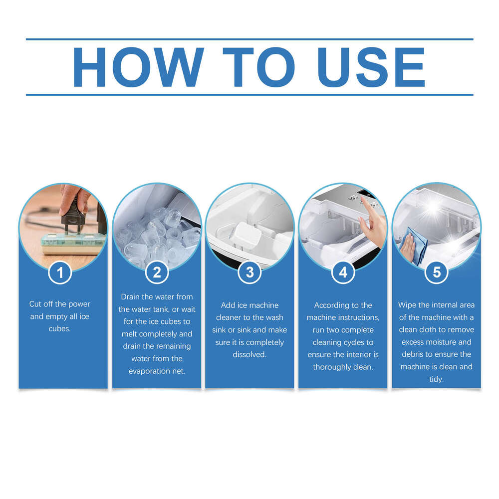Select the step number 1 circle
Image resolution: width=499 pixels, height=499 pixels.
click(61, 273)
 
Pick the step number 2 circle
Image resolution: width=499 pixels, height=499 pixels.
click(157, 273)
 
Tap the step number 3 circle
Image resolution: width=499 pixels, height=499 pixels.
click(249, 273)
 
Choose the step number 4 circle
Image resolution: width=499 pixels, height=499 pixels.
click(343, 273)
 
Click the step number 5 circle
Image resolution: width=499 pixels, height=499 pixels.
click(437, 273)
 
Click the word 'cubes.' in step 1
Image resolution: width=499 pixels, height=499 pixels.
click(60, 329)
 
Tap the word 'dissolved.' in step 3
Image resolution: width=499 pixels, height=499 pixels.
click(249, 355)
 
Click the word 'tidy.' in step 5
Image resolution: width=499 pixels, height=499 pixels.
click(436, 379)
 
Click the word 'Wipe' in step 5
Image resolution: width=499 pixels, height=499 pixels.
click(408, 305)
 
